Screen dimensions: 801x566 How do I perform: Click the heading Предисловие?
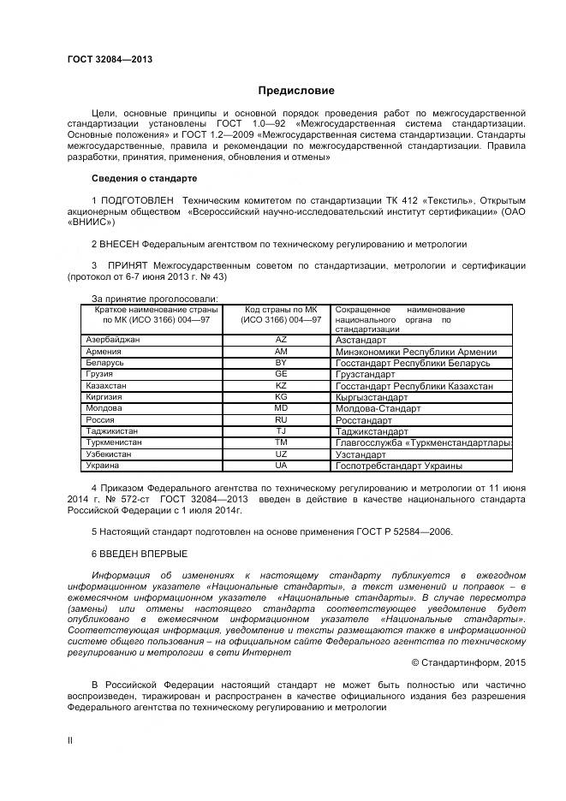pyautogui.click(x=296, y=91)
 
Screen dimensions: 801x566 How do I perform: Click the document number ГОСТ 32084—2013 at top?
pyautogui.click(x=110, y=59)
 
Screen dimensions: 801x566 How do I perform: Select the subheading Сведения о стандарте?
pyautogui.click(x=144, y=178)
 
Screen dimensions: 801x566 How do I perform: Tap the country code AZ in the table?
pyautogui.click(x=280, y=340)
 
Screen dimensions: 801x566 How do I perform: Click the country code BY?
pyautogui.click(x=280, y=363)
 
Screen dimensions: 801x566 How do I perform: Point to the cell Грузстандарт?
pyautogui.click(x=365, y=375)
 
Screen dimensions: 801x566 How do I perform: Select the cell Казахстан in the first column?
pyautogui.click(x=107, y=386)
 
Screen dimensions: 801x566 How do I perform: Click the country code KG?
pyautogui.click(x=280, y=397)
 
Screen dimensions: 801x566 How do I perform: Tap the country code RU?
pyautogui.click(x=280, y=420)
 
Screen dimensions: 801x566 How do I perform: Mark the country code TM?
pyautogui.click(x=280, y=442)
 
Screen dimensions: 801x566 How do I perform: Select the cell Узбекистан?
pyautogui.click(x=109, y=454)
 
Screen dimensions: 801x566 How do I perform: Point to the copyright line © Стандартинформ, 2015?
pyautogui.click(x=468, y=662)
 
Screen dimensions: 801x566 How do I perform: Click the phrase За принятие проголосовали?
pyautogui.click(x=154, y=298)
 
